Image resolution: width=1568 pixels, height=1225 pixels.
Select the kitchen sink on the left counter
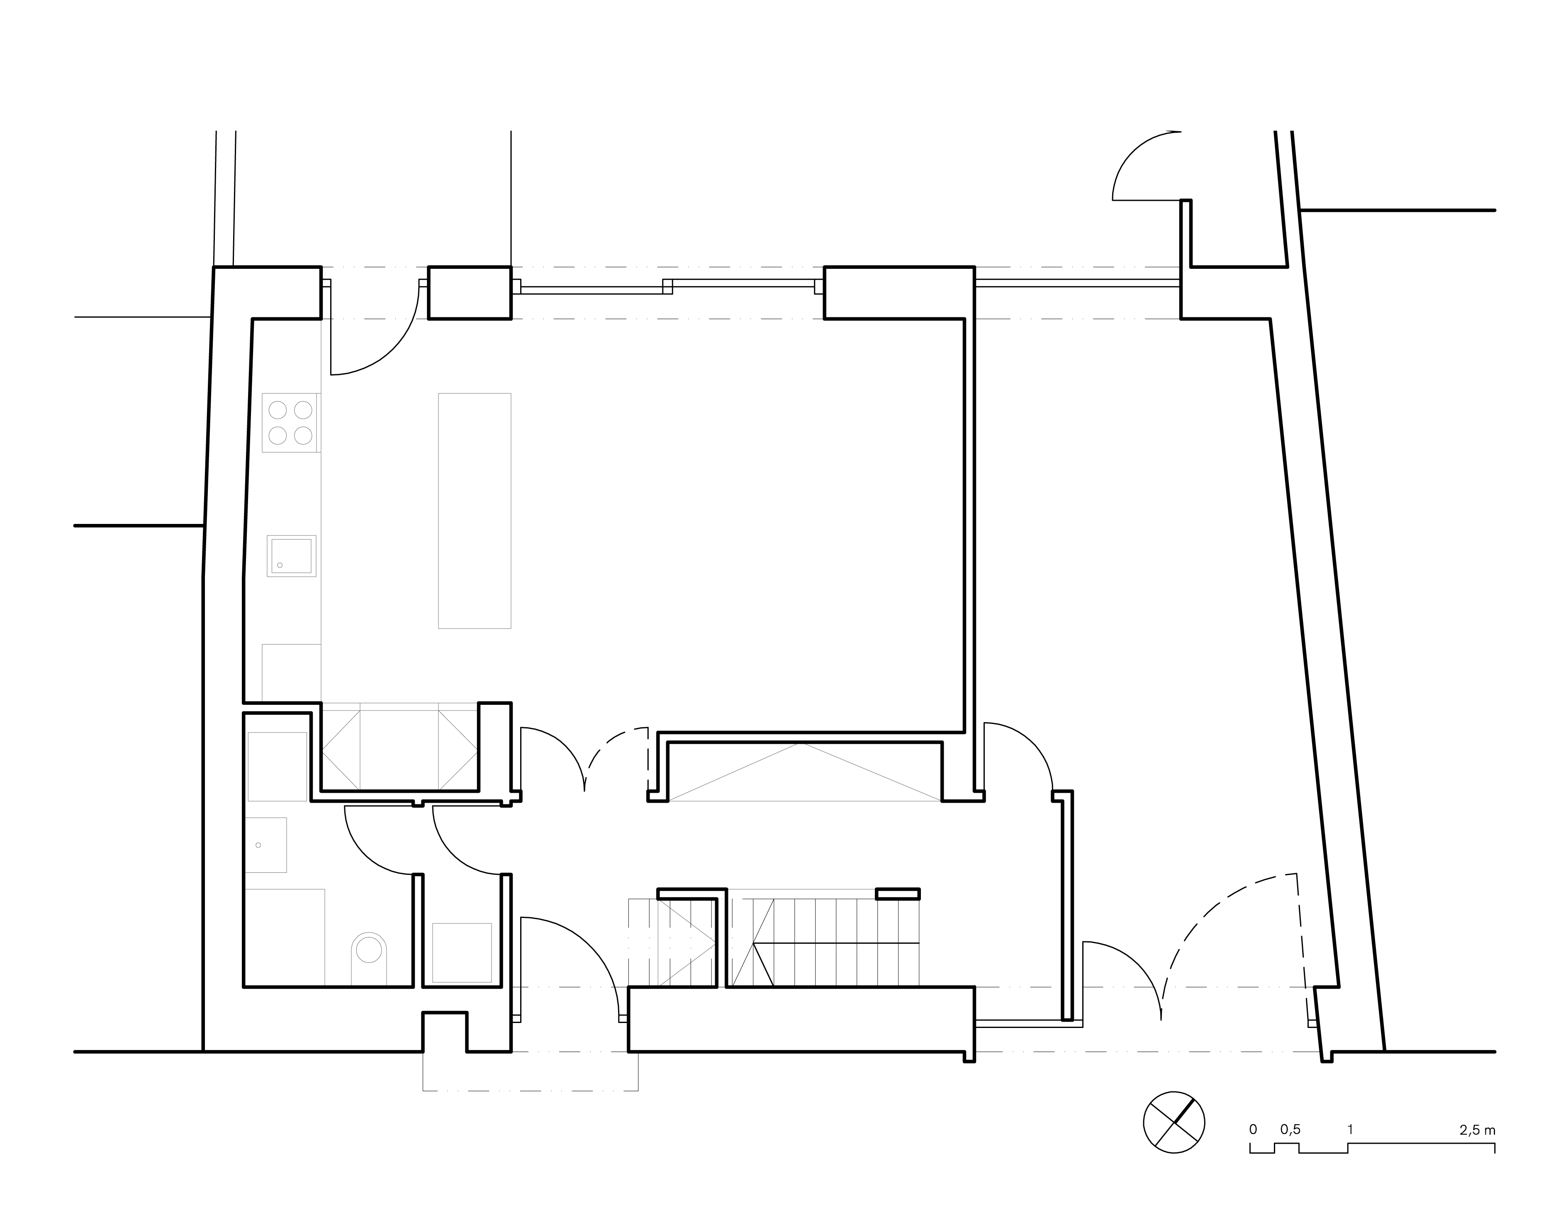pos(292,556)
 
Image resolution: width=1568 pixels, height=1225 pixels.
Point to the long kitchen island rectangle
pos(475,511)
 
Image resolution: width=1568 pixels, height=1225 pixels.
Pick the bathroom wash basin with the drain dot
pos(265,845)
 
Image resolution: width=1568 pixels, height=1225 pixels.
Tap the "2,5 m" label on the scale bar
pos(1478,1130)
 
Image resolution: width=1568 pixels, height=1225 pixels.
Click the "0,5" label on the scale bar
pos(1290,1130)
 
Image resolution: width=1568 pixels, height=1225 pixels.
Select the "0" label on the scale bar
pos(1253,1130)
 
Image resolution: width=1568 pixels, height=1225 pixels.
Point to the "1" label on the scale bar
pos(1350,1130)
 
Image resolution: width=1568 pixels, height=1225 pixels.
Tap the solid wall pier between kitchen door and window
pos(470,292)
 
